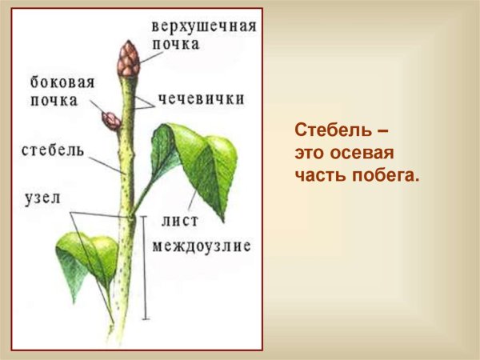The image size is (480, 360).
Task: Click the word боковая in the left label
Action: pos(62,82)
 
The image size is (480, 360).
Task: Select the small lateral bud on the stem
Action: pos(110,120)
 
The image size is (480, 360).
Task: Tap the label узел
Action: pos(42,198)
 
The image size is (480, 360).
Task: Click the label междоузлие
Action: pos(201,245)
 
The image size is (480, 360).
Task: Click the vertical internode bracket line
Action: pos(144,268)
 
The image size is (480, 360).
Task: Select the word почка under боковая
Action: pos(55,101)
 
